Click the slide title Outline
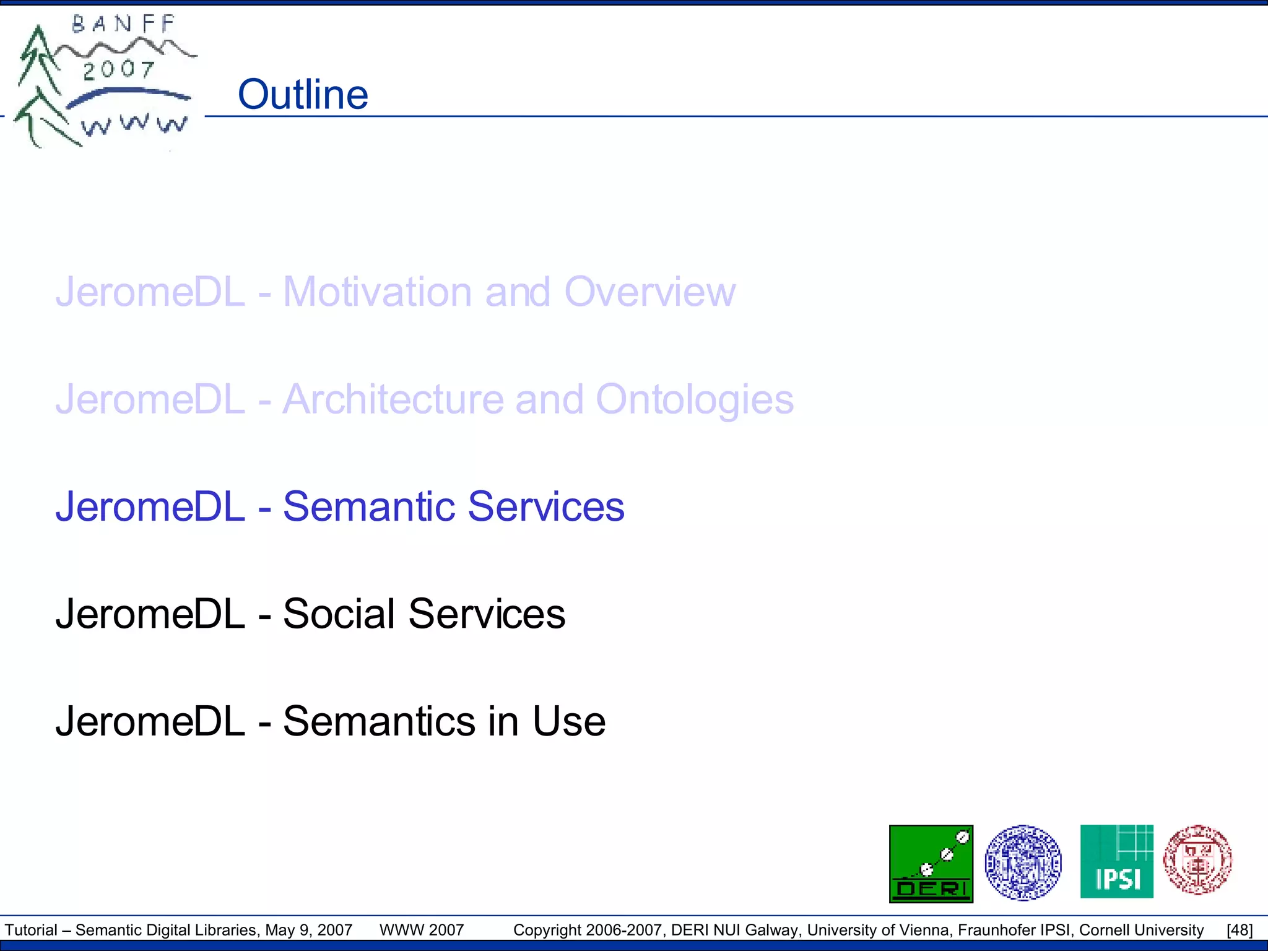point(303,95)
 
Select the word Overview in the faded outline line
point(649,292)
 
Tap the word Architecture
point(394,399)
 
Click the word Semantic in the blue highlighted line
point(370,506)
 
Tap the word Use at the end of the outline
point(569,721)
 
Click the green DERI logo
point(931,864)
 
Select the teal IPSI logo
point(1116,861)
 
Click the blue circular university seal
point(1023,862)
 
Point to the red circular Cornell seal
point(1197,860)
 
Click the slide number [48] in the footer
point(1240,930)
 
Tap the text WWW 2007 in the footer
point(422,930)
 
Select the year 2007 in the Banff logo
point(118,70)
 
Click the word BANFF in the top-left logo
point(124,25)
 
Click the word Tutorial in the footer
point(31,930)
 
